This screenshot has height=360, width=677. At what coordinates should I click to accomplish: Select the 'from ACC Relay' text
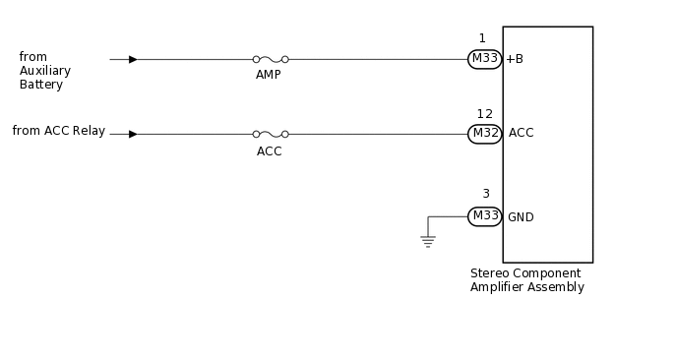(x=58, y=131)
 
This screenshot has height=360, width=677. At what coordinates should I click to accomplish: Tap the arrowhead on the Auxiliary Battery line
(x=133, y=59)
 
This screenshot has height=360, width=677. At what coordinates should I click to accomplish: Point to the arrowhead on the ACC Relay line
(x=133, y=134)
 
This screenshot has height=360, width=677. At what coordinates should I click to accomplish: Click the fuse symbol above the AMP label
(x=270, y=59)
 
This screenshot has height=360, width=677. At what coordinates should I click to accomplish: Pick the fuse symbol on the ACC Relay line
(x=270, y=134)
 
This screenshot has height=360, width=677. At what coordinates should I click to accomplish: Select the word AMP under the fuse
(x=269, y=75)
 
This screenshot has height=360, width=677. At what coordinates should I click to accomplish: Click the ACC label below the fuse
(x=269, y=151)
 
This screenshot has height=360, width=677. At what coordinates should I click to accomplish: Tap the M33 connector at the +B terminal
(x=485, y=59)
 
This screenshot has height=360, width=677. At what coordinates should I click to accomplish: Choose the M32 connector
(x=485, y=134)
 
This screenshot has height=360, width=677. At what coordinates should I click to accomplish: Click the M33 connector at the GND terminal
(x=485, y=216)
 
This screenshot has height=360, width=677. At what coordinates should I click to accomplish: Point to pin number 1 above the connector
(x=482, y=38)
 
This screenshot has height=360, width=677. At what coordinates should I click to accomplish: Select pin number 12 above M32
(x=484, y=114)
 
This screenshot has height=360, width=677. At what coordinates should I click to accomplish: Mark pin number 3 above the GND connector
(x=485, y=194)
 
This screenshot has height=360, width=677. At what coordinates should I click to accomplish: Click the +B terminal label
(x=515, y=59)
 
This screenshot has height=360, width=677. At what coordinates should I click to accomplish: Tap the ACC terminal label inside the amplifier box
(x=521, y=133)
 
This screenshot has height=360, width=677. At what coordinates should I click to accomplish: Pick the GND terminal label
(x=521, y=217)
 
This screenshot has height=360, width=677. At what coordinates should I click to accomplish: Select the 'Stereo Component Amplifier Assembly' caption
(x=527, y=280)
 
